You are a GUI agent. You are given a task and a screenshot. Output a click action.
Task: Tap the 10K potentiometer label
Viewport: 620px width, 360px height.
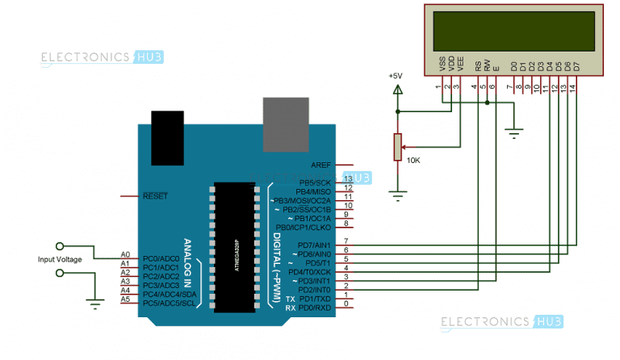tap(413, 160)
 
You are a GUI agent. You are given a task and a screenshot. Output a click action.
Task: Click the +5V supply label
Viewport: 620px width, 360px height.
tap(395, 75)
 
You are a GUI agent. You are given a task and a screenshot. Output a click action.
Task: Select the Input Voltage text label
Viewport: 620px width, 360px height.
tap(60, 259)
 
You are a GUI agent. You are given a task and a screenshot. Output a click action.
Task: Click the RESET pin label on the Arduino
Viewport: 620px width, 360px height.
tap(155, 196)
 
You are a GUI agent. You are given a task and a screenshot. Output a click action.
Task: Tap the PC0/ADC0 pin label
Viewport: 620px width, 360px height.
tap(161, 257)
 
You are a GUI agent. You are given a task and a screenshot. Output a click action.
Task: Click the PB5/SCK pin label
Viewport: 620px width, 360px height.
tap(316, 182)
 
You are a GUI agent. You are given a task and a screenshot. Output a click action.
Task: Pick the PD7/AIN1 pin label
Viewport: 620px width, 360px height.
tap(315, 245)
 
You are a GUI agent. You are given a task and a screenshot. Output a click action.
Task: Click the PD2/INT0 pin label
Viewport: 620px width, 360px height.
tap(315, 289)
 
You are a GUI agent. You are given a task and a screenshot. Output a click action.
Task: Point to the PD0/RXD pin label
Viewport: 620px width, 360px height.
tap(315, 308)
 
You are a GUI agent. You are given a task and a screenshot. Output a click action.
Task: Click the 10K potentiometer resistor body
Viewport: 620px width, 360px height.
tap(396, 148)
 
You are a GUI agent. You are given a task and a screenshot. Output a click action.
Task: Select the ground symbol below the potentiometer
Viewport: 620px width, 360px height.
tap(396, 194)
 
